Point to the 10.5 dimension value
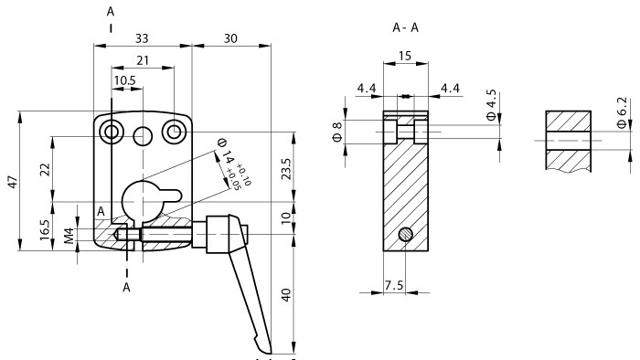click(x=125, y=81)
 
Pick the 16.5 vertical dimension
click(x=45, y=228)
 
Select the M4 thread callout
click(x=69, y=237)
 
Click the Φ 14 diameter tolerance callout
click(x=228, y=164)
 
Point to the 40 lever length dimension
click(x=285, y=296)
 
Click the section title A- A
click(x=406, y=27)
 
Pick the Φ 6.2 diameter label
click(x=622, y=113)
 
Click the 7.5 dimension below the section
click(x=394, y=285)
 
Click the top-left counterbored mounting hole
click(x=112, y=132)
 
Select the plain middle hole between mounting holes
click(x=143, y=136)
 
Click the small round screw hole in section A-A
click(x=404, y=236)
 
